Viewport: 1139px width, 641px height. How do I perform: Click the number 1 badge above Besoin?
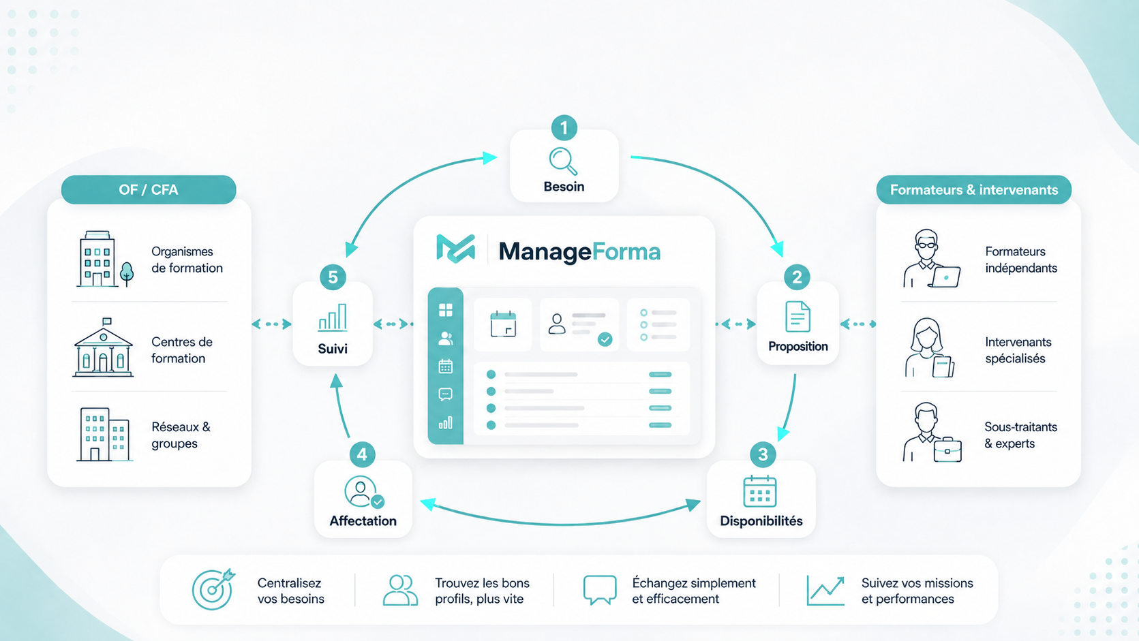tap(564, 127)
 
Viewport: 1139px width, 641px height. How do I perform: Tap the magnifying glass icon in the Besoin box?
tap(563, 161)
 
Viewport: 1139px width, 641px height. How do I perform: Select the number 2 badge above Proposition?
tap(797, 277)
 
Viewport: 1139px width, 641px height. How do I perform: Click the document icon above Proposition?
tap(798, 317)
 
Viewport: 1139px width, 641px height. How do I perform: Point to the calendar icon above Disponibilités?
tap(759, 492)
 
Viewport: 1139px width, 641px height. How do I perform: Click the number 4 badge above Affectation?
tap(362, 454)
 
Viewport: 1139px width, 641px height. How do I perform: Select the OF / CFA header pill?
tap(149, 189)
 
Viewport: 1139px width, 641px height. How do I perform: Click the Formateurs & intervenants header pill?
tap(974, 189)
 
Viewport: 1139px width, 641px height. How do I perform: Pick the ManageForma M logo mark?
tap(455, 249)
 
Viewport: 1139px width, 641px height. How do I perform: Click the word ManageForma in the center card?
tap(579, 251)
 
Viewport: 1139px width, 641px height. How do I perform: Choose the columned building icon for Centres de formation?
tap(103, 347)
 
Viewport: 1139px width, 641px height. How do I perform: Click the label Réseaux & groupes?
tap(181, 435)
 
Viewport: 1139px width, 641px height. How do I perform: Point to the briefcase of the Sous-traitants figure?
tap(947, 450)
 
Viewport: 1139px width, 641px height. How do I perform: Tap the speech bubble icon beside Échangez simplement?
tap(600, 590)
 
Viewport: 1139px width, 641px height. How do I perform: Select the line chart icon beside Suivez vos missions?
tap(825, 591)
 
